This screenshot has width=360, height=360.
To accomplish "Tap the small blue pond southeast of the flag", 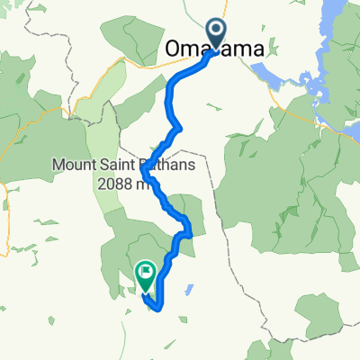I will coord(190,291).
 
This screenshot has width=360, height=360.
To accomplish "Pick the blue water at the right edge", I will coord(354,135).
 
